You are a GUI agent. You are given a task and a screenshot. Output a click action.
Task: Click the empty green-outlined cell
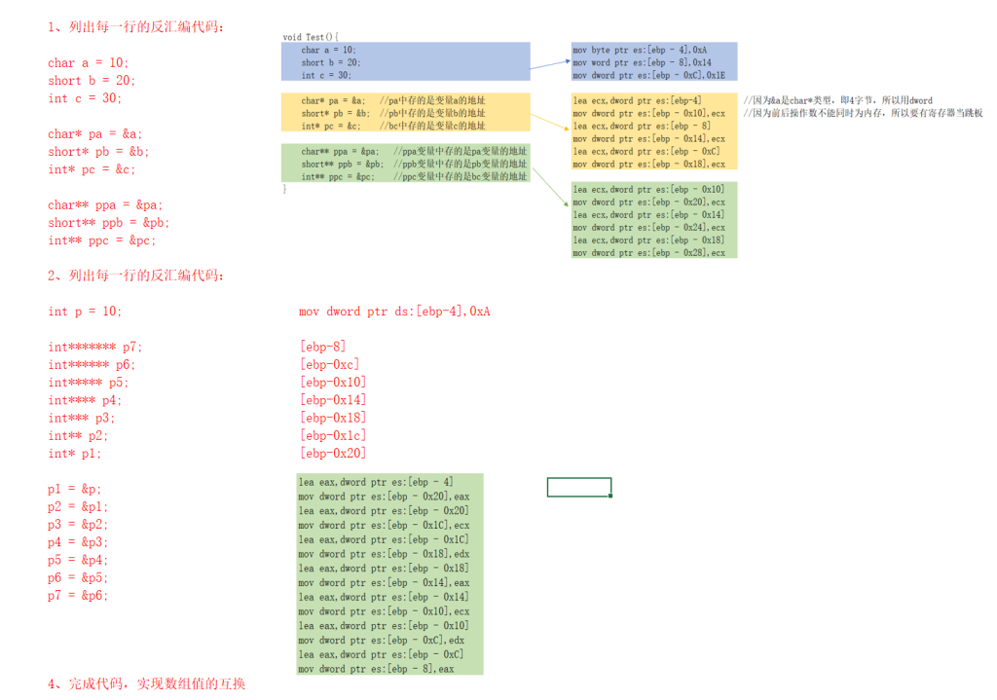pyautogui.click(x=579, y=487)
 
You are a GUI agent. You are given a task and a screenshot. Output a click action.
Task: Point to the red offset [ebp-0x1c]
pyautogui.click(x=333, y=435)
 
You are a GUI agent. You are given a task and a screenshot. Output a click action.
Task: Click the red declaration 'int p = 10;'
pyautogui.click(x=86, y=312)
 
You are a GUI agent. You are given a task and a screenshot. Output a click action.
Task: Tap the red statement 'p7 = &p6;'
pyautogui.click(x=78, y=595)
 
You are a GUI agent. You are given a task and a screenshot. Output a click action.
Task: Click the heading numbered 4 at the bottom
pyautogui.click(x=146, y=683)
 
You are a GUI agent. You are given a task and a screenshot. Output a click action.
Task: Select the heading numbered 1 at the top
pyautogui.click(x=141, y=27)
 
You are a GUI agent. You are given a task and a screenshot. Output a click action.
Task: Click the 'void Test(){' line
pyautogui.click(x=311, y=37)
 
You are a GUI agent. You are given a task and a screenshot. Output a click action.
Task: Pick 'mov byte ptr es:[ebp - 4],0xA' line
pyautogui.click(x=640, y=50)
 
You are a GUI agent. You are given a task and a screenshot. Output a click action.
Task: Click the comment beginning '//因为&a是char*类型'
pyautogui.click(x=837, y=100)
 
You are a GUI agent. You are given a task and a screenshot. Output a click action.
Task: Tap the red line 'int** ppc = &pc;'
pyautogui.click(x=102, y=240)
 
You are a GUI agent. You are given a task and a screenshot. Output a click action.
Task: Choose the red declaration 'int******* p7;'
pyautogui.click(x=95, y=347)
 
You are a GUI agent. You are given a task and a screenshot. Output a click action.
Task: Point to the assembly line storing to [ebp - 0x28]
pyautogui.click(x=648, y=253)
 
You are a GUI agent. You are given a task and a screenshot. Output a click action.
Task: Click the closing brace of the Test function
pyautogui.click(x=285, y=189)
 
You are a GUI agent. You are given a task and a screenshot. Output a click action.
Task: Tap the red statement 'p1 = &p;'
pyautogui.click(x=74, y=489)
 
